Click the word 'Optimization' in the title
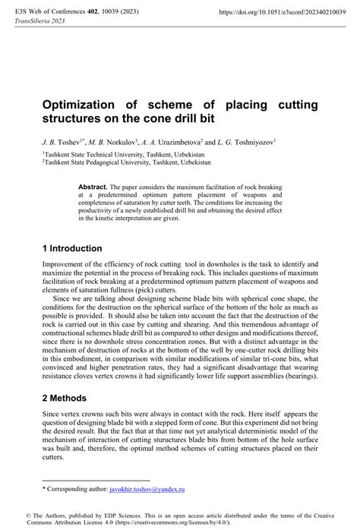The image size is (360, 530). tap(84, 105)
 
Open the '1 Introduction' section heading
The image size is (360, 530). tap(71, 248)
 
